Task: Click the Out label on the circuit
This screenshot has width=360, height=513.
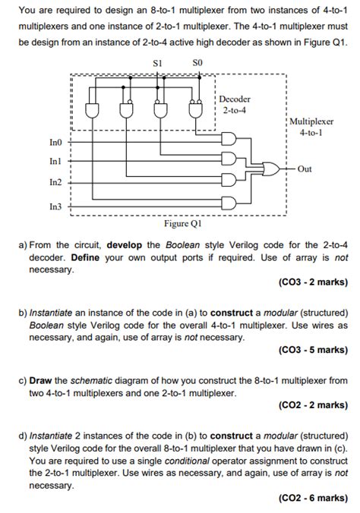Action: click(x=305, y=169)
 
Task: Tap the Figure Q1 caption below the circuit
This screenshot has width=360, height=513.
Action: click(x=182, y=225)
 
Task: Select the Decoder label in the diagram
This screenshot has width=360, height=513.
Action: click(x=235, y=99)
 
